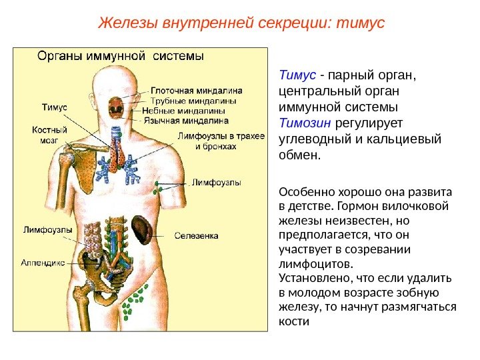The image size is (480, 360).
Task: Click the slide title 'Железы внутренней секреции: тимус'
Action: [241, 23]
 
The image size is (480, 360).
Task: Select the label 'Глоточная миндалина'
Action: [195, 90]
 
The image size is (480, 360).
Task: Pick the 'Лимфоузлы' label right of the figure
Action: [217, 181]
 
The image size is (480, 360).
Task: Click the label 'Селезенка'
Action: [197, 235]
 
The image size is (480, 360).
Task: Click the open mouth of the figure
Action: [116, 106]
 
